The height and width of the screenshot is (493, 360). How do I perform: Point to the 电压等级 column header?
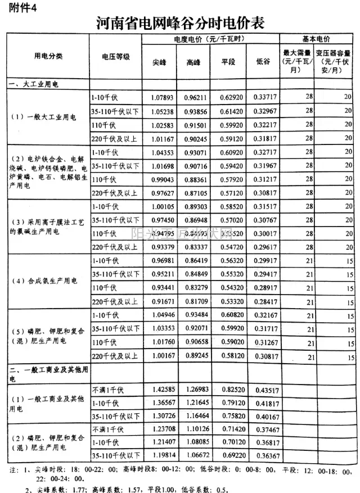tap(115, 57)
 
